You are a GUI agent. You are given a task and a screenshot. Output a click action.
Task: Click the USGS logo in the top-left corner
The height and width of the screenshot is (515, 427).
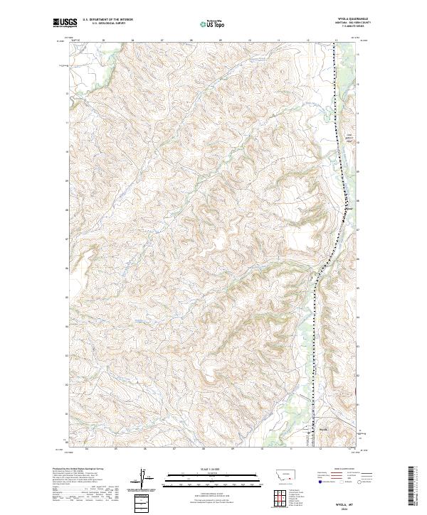tap(65, 23)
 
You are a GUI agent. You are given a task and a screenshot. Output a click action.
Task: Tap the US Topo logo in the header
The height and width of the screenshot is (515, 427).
tap(211, 23)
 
